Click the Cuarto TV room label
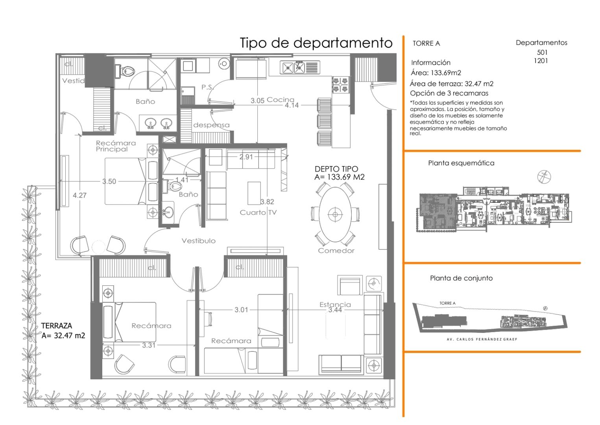click(258, 213)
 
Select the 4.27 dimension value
click(79, 195)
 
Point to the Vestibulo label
click(198, 241)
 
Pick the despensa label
click(211, 125)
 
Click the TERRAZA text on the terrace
click(57, 326)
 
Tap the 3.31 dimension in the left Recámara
click(149, 345)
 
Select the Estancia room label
click(335, 304)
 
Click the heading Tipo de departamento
click(316, 43)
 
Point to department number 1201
click(541, 61)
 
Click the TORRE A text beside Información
click(426, 43)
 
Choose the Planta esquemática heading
click(461, 163)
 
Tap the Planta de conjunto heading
click(461, 278)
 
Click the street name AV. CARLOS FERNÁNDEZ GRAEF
click(482, 339)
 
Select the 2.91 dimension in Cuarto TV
click(246, 157)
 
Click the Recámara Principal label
click(116, 146)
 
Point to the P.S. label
click(207, 87)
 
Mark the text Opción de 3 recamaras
click(449, 93)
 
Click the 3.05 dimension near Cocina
click(257, 101)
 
